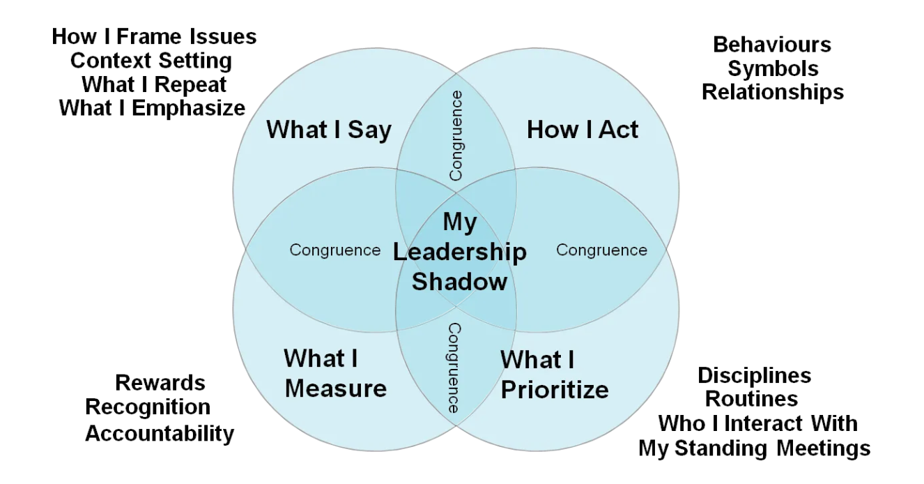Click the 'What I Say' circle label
329,130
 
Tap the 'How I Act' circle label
583,130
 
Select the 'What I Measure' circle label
335,374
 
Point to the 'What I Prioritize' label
554,375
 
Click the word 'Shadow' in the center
459,282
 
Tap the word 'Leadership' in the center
459,252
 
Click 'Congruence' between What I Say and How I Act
456,135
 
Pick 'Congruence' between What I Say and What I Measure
335,250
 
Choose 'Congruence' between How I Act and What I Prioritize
601,250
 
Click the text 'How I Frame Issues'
154,36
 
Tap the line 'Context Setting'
151,61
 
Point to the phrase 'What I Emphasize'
153,108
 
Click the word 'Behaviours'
772,45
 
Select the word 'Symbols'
773,68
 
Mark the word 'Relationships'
772,92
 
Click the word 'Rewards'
160,383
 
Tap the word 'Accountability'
160,433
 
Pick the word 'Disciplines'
755,376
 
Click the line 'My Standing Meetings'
755,447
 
